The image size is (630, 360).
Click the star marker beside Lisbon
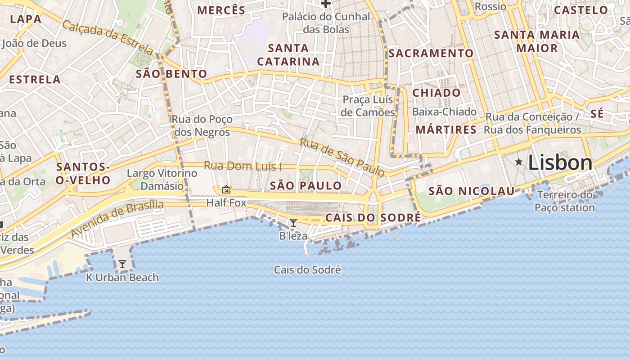point(519,162)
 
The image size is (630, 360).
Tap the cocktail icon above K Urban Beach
point(122,264)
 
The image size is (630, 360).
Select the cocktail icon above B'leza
point(293,222)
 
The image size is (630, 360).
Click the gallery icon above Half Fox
point(226,189)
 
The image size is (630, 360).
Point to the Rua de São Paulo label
point(342,157)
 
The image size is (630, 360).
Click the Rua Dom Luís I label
point(243,166)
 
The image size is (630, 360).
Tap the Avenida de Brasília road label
point(117,219)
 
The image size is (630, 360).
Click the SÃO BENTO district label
point(171,74)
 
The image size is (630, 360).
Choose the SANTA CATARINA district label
point(288,54)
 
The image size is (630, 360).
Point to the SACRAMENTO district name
point(431,53)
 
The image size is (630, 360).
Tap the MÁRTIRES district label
point(445,130)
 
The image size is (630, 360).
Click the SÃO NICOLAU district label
point(471,191)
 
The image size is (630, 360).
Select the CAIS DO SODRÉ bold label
point(373,218)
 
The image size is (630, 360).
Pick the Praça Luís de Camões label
point(368,106)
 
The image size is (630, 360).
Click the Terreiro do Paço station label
point(565,201)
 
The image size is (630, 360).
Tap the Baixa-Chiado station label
point(444,112)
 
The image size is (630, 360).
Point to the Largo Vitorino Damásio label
point(162,179)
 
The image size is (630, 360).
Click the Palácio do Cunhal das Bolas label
point(326,23)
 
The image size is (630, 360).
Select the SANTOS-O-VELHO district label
point(83,174)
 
